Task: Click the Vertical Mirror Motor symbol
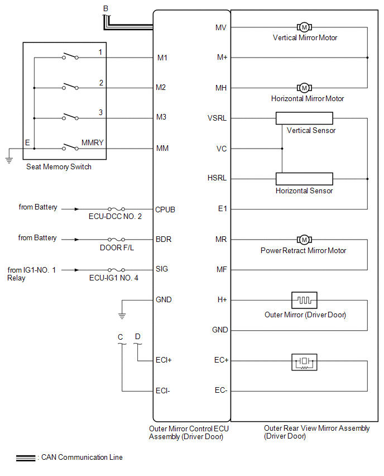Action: coord(304,27)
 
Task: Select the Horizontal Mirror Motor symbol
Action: coord(304,88)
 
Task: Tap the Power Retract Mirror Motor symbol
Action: coord(304,240)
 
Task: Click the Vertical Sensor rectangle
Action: coord(304,118)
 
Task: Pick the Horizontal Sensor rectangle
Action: coord(304,179)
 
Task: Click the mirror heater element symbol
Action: coord(304,300)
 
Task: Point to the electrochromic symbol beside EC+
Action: coord(304,361)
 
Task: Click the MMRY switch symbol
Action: coord(70,148)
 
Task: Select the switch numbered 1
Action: coord(70,56)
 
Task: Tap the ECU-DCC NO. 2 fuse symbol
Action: coord(116,209)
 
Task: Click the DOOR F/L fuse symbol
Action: coord(116,239)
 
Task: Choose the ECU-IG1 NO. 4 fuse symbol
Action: coord(116,269)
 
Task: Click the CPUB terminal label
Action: coord(166,209)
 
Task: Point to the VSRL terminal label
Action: coord(217,118)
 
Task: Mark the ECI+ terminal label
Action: coord(164,360)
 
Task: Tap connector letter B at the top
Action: coord(106,8)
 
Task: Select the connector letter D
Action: coord(138,336)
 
